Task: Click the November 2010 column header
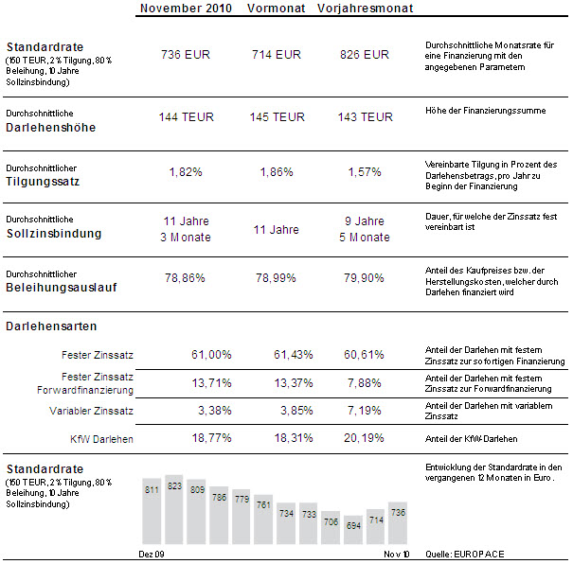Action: click(x=186, y=8)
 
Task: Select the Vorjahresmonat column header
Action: click(x=365, y=8)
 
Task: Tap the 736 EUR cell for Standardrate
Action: click(x=186, y=55)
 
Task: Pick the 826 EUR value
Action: click(x=365, y=55)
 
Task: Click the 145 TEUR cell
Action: click(x=277, y=116)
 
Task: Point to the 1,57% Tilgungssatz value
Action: click(x=365, y=171)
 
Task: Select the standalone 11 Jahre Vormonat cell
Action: click(x=277, y=230)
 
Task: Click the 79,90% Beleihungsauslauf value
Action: click(x=364, y=278)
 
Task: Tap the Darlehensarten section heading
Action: click(x=51, y=326)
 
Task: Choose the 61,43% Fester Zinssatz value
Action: click(x=294, y=355)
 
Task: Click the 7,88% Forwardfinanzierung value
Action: click(x=365, y=383)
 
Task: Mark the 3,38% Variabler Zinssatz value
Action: click(x=214, y=411)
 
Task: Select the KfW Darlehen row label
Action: click(x=101, y=439)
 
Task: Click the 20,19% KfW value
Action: click(x=364, y=438)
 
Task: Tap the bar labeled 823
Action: click(x=174, y=510)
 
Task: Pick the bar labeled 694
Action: click(x=353, y=530)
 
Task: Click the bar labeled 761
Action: click(x=263, y=520)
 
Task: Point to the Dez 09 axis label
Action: click(x=152, y=555)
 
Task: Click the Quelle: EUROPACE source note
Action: click(x=465, y=555)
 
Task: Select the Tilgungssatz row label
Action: click(x=43, y=182)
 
